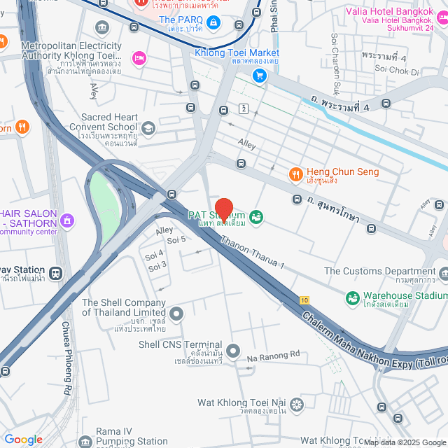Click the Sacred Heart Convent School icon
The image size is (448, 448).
(x=148, y=127)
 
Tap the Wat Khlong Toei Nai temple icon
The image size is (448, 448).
(x=297, y=404)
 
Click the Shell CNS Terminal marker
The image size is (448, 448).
(x=233, y=350)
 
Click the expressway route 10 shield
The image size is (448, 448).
(x=304, y=300)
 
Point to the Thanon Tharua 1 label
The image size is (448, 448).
(x=253, y=253)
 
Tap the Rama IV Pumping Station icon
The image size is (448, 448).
(x=85, y=442)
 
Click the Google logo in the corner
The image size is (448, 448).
(x=23, y=439)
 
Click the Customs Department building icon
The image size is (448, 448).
(x=444, y=272)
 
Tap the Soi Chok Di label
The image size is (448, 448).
(x=396, y=71)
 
